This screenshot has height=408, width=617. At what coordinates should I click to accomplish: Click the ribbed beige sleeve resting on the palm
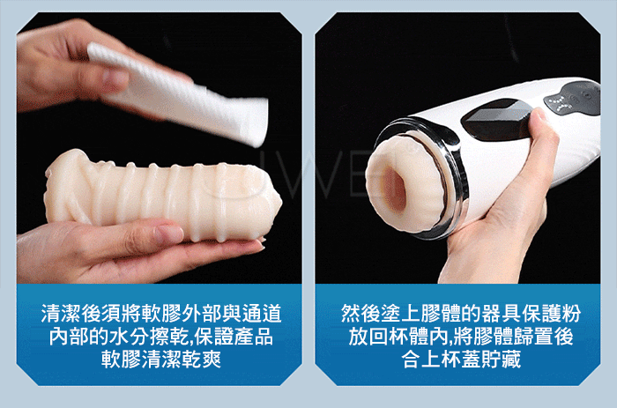pos(163,194)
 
